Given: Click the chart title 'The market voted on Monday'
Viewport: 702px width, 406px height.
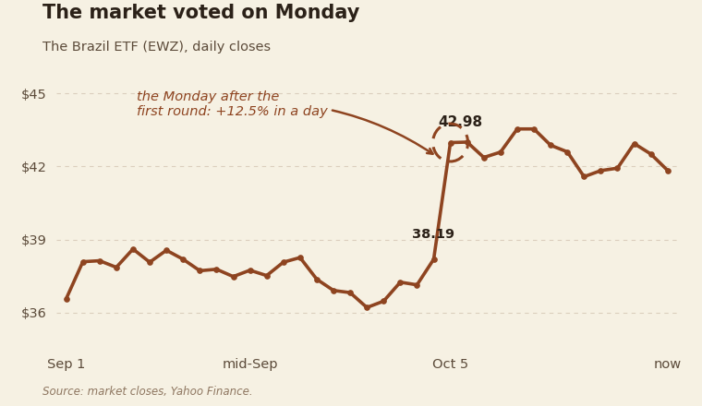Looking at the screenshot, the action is pos(200,13).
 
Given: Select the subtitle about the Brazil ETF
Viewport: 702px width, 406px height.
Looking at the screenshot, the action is pos(156,46).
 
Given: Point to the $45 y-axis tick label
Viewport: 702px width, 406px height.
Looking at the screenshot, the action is pos(33,94).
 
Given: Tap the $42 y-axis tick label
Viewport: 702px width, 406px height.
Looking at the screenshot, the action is pos(33,167).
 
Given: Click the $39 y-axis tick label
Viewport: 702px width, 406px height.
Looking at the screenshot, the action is pos(33,240).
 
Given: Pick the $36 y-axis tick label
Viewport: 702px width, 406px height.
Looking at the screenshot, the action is pos(33,313).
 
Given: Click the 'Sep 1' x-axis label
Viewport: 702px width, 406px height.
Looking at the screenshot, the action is pos(67,364).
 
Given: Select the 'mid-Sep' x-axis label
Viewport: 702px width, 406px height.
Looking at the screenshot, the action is pos(249,364).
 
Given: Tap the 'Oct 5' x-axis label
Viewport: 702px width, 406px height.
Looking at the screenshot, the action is pos(450,364).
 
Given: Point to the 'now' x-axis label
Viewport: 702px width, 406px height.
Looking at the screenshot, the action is pos(667,364).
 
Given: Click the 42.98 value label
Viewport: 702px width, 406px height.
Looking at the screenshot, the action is pos(460,122).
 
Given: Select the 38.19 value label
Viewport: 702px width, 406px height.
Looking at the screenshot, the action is pos(433,233).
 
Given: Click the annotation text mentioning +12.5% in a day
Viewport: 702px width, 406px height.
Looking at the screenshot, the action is pos(232,103).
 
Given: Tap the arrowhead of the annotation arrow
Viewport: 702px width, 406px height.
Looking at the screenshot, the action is pos(433,154).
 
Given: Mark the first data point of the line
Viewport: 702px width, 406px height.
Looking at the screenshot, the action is pos(67,299).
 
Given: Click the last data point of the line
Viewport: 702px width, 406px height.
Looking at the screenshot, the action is pos(668,171).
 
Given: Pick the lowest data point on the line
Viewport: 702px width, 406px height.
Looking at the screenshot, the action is pos(367,307).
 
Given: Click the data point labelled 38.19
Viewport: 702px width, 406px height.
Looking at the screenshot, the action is pos(434,259).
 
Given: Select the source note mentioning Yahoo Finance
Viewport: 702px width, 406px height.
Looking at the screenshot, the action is pos(147,391).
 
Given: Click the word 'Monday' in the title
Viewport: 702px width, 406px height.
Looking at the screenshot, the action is pos(317,13).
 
